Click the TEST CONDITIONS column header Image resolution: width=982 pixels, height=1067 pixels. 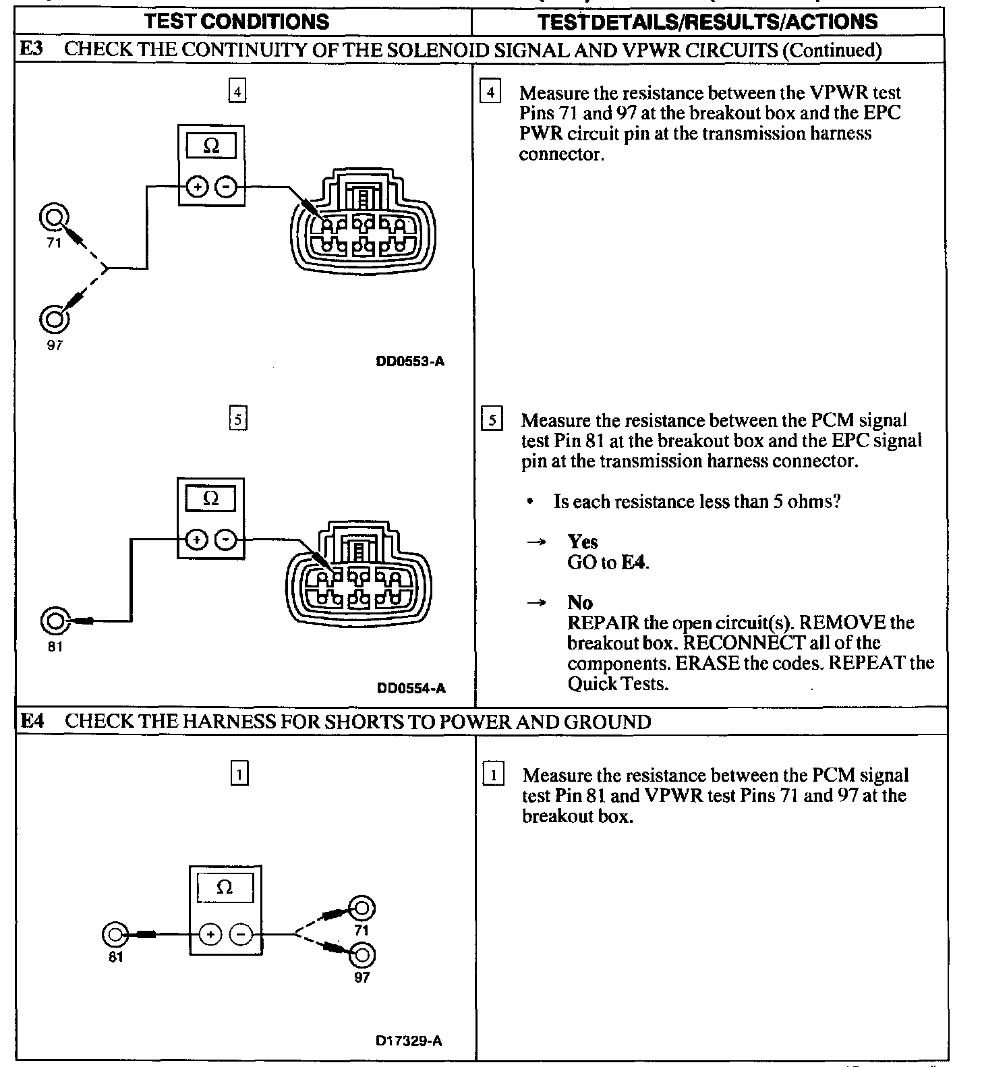(x=237, y=22)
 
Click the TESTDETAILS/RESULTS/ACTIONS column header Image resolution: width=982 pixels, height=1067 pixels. (x=708, y=22)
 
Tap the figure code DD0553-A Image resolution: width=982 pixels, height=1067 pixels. (x=410, y=362)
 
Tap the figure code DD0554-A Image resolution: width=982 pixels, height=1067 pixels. (x=411, y=688)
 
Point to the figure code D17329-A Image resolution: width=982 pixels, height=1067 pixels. (x=409, y=1041)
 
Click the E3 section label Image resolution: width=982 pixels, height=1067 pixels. (x=31, y=49)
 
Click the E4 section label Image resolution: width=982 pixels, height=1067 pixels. (x=32, y=721)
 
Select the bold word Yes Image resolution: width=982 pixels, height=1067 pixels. (x=583, y=542)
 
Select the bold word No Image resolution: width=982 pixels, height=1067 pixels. (x=579, y=602)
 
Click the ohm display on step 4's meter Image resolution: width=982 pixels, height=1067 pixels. (x=211, y=146)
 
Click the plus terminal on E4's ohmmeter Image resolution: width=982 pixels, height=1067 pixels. (x=210, y=934)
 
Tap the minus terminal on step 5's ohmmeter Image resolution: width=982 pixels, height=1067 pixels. (x=228, y=540)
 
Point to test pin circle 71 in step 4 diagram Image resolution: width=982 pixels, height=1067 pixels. (x=54, y=217)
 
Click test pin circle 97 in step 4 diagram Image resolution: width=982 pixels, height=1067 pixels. (x=54, y=318)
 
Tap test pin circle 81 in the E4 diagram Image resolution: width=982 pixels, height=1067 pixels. (x=115, y=935)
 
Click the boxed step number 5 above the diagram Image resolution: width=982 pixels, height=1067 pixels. (x=238, y=420)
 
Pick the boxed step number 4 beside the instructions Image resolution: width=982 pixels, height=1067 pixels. (x=490, y=92)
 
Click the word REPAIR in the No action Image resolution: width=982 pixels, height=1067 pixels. (x=603, y=623)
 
